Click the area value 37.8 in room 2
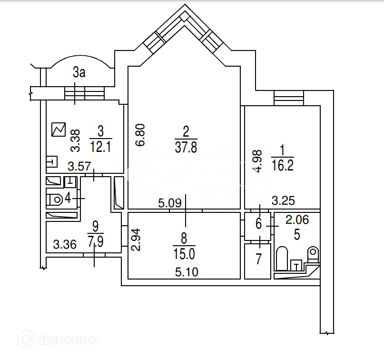tap(186, 147)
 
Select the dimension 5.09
tap(168, 204)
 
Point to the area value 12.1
tap(100, 147)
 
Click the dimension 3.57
tap(79, 167)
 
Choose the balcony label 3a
tap(79, 73)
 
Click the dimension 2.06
tap(297, 220)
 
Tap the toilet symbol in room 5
tap(313, 254)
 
